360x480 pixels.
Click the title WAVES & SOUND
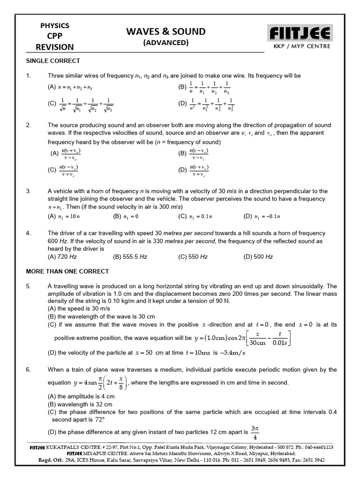coord(166,31)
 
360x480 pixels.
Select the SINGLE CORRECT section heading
coord(52,61)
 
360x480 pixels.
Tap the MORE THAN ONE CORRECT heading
coord(67,271)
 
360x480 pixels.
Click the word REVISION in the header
coord(54,47)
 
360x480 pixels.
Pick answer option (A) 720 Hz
coord(62,257)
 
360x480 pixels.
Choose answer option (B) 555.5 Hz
coord(130,257)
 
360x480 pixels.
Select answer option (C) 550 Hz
coord(193,257)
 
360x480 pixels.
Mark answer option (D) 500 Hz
coord(258,257)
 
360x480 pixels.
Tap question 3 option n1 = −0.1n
coord(261,216)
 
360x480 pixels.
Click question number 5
coord(29,286)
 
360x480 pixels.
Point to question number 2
coord(29,125)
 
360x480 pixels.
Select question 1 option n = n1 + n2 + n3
coord(70,88)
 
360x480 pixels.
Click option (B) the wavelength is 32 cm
coord(80,404)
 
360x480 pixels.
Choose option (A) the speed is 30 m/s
coord(77,309)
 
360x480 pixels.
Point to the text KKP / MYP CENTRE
coord(299,46)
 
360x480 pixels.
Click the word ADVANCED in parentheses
coord(166,43)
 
